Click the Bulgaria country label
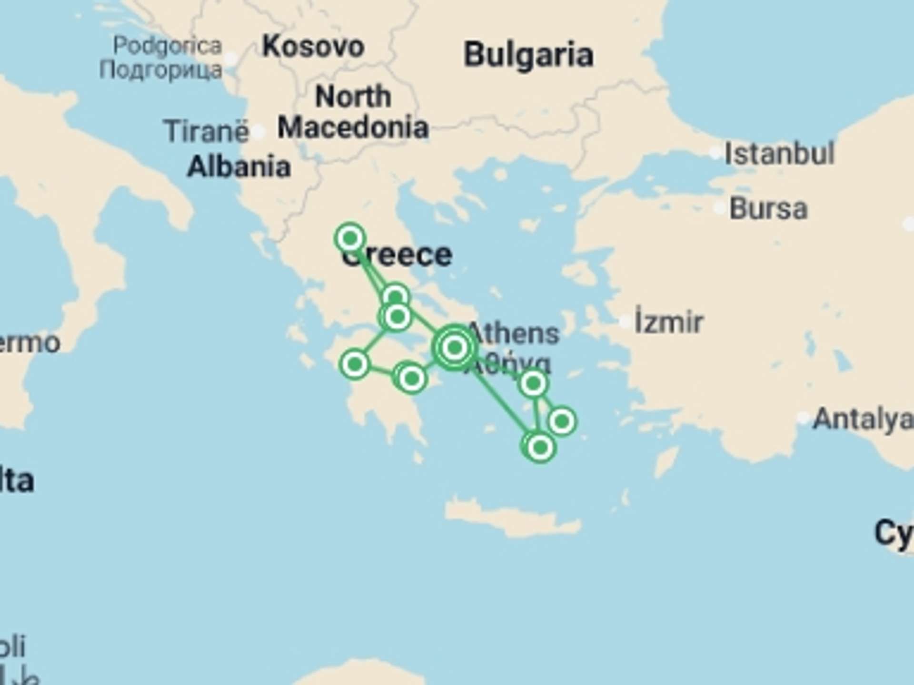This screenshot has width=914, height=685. (x=528, y=55)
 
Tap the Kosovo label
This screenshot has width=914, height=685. (x=313, y=47)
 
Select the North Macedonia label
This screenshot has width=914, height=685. (x=353, y=112)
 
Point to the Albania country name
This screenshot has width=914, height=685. (x=238, y=167)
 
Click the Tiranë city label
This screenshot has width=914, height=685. (x=206, y=131)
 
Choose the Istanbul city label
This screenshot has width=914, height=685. (x=779, y=154)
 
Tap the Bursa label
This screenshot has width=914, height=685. (x=768, y=209)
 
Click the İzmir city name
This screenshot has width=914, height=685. (x=668, y=323)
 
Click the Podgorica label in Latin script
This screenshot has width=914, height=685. (x=168, y=46)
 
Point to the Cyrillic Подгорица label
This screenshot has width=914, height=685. (x=161, y=70)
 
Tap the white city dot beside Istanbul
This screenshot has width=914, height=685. (x=715, y=153)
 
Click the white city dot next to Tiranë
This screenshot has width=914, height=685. (x=258, y=132)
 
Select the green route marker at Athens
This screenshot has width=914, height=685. (x=455, y=348)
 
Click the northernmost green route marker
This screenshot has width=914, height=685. (x=350, y=238)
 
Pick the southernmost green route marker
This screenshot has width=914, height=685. (x=540, y=447)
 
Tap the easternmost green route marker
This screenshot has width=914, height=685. (x=562, y=421)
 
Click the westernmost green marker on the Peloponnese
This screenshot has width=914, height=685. (x=355, y=365)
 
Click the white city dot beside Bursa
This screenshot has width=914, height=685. (x=719, y=208)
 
